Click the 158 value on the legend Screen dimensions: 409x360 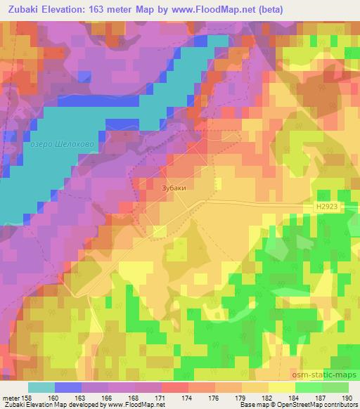click(x=25, y=398)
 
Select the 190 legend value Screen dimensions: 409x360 click(x=347, y=398)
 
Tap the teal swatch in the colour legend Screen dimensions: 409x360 click(x=41, y=387)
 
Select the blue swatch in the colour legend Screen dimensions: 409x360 click(x=68, y=387)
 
